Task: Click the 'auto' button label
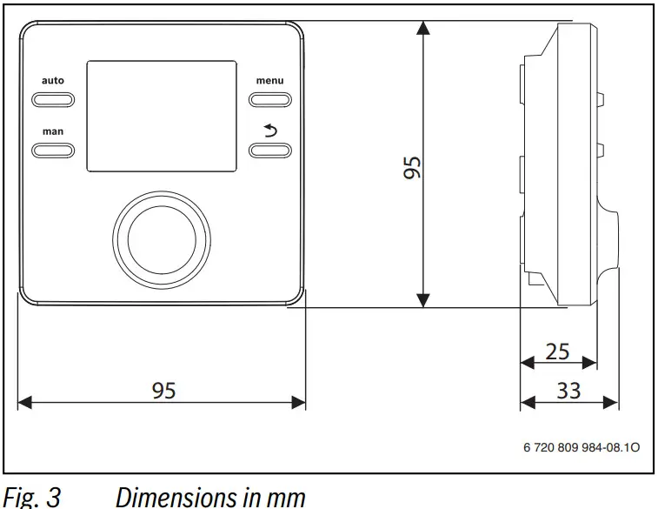pos(53,81)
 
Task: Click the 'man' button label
pos(53,131)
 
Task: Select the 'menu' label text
pos(269,81)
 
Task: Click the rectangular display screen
pos(162,116)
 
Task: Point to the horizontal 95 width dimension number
pos(163,391)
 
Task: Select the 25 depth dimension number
pos(557,352)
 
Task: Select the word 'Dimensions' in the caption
pos(168,498)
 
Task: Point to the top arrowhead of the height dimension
pos(423,28)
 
